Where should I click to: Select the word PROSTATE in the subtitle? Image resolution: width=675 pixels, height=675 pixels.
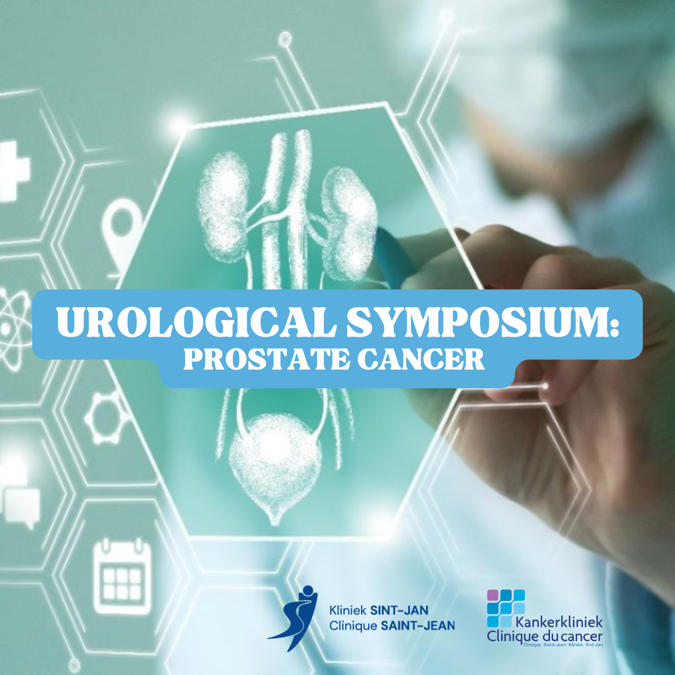coord(266,360)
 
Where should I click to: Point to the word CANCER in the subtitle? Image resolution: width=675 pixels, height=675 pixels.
coord(421,360)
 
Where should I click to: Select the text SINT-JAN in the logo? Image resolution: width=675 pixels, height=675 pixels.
coord(398,610)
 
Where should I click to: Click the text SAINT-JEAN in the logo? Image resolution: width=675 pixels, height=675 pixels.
coord(417,626)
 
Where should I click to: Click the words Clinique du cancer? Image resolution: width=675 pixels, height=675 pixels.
coord(544,636)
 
